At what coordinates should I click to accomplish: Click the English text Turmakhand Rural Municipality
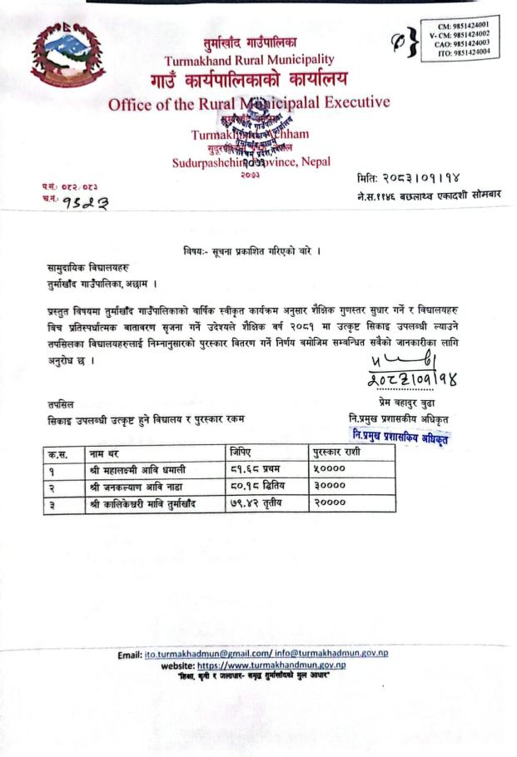point(250,60)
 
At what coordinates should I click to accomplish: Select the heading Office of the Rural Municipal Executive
point(249,104)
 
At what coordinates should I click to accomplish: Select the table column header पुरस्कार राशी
point(337,452)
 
